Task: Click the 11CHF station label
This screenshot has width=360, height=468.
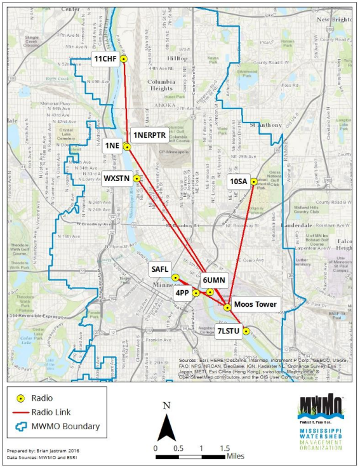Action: point(105,59)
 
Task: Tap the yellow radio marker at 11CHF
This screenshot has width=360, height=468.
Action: point(124,59)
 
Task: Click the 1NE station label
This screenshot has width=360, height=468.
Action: point(112,145)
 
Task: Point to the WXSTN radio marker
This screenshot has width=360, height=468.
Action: point(137,178)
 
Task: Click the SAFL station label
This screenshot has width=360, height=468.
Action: point(159,270)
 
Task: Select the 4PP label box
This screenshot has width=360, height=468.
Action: point(182,293)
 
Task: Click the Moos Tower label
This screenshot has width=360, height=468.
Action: point(255,305)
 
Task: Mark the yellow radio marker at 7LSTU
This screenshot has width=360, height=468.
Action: point(246,330)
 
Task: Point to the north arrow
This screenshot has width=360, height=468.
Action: point(167,429)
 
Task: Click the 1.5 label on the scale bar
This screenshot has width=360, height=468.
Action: point(225,448)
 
